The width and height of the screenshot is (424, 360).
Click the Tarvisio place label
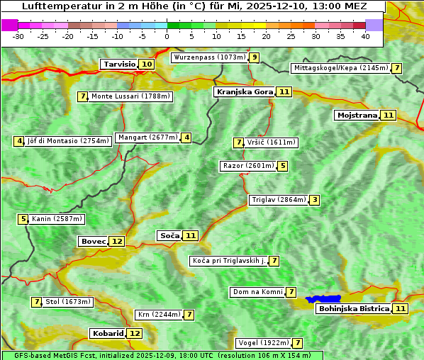[x=119, y=64]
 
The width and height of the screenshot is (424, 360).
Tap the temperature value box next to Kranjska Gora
[x=284, y=91]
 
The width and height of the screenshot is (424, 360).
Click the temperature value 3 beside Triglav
[x=315, y=200]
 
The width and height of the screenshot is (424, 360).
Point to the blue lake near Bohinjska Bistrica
[x=324, y=299]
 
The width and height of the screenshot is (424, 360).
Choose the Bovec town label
[x=93, y=241]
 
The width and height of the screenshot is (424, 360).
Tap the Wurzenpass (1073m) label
[x=210, y=57]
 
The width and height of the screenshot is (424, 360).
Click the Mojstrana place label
[x=357, y=115]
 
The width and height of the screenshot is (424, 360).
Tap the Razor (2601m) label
[x=248, y=166]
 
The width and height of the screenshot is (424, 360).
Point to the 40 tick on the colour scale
[x=365, y=36]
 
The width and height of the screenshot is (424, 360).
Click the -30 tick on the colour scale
[x=18, y=36]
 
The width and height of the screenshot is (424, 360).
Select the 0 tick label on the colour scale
[x=167, y=36]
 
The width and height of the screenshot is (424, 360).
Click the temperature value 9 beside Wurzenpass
[x=254, y=57]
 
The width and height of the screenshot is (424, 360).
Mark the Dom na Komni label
[x=258, y=292]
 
